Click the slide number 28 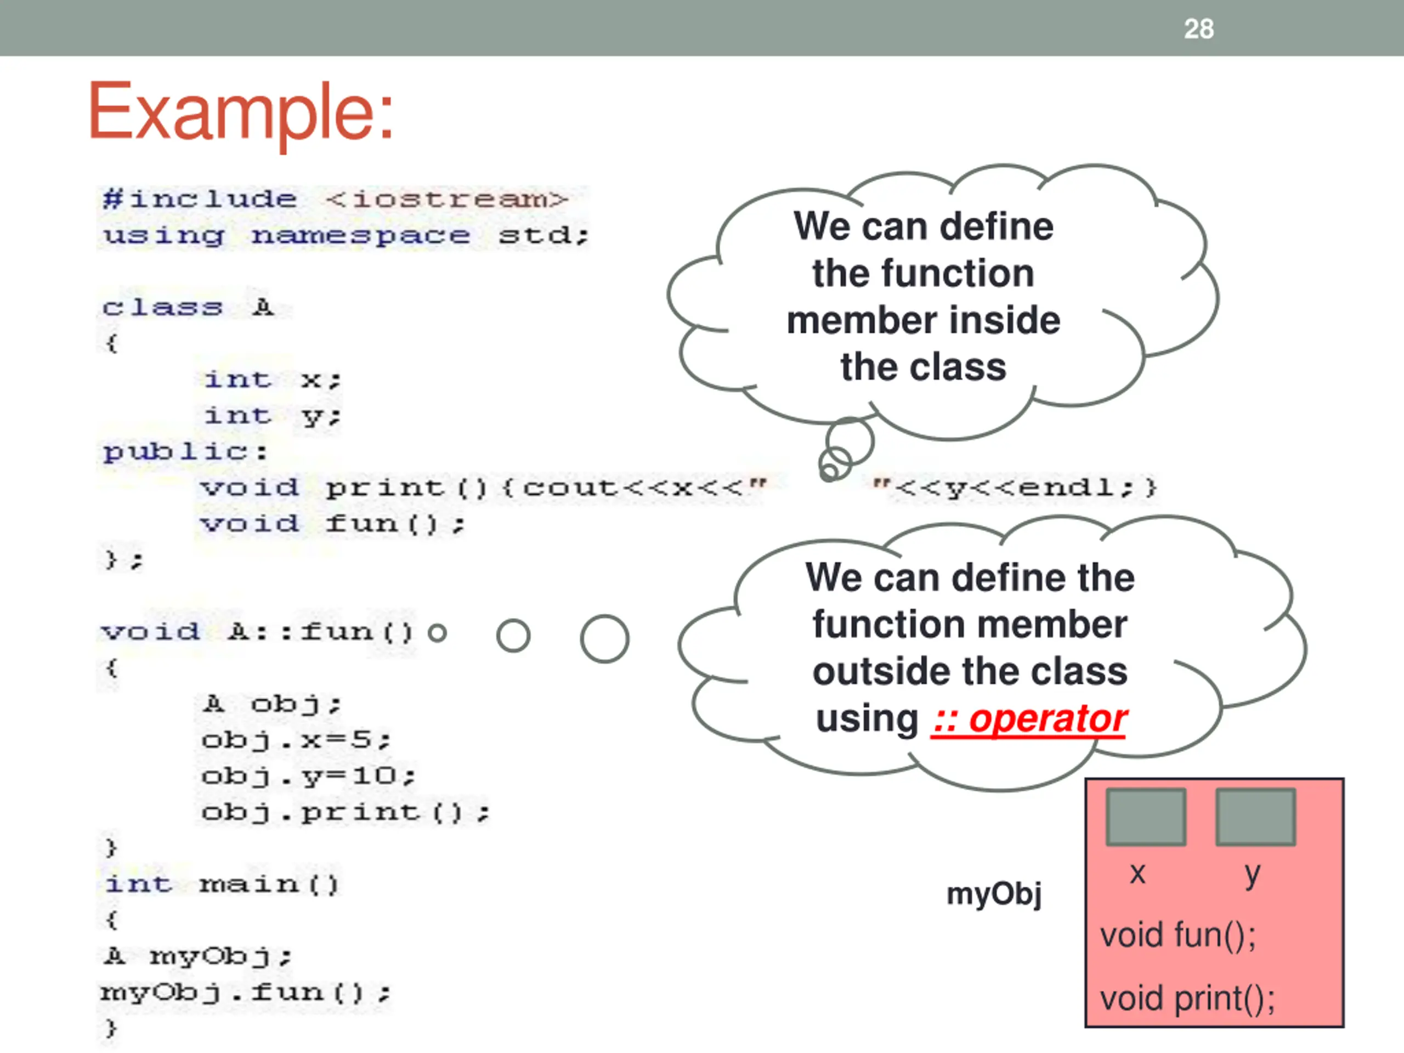tap(1198, 29)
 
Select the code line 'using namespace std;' tap(346, 235)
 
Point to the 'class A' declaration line tap(189, 308)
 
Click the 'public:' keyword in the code tap(185, 451)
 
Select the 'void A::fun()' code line tap(257, 632)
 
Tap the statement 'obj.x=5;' tap(296, 740)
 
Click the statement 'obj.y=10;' tap(308, 776)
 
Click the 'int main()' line tap(222, 884)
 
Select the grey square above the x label tap(1146, 816)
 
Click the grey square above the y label tap(1255, 816)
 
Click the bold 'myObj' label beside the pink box tap(993, 894)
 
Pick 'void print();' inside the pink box tap(1187, 998)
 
